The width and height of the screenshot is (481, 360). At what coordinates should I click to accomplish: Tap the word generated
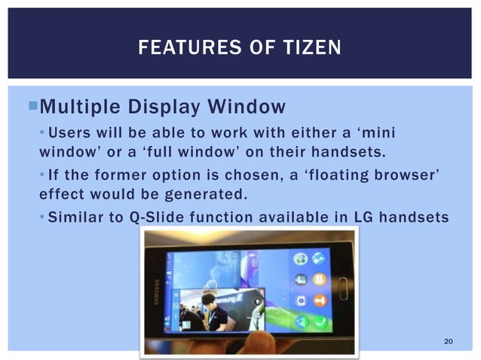pos(203,195)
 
